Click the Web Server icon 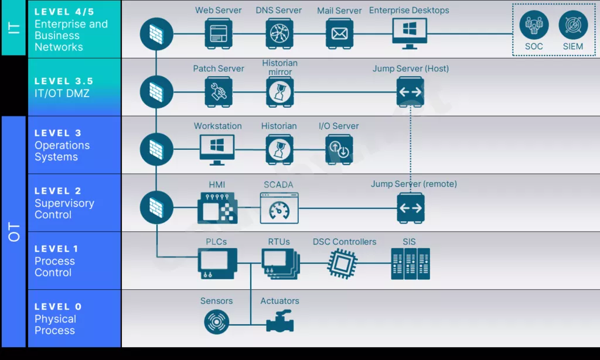point(219,33)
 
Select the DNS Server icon point(279,33)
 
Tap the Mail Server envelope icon point(339,33)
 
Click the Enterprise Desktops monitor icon point(409,33)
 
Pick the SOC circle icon point(534,25)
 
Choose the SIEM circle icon point(572,25)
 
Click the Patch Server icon point(219,92)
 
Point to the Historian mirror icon point(279,92)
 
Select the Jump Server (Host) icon point(410,92)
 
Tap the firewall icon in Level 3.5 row point(156,92)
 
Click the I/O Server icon point(339,149)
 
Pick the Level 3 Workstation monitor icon point(217,149)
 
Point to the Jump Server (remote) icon point(410,207)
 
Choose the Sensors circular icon point(216,322)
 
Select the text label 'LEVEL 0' point(58,307)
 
